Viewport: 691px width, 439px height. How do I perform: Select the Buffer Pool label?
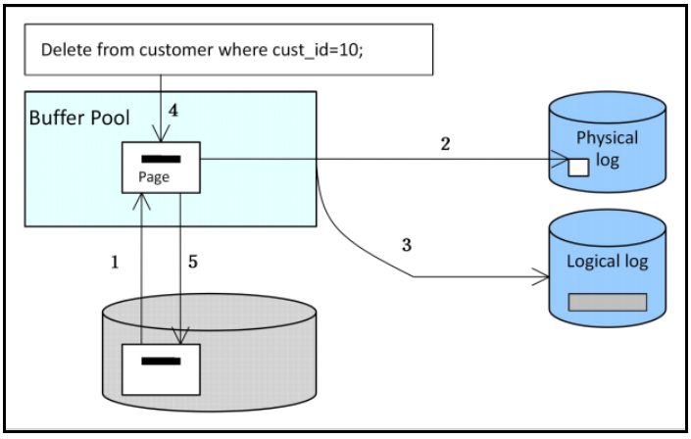coord(78,118)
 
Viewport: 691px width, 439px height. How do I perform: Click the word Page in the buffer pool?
coord(154,177)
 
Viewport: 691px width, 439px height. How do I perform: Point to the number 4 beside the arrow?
coord(173,111)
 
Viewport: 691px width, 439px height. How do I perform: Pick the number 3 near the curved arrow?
coord(405,243)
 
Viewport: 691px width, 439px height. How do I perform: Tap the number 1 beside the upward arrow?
coord(115,264)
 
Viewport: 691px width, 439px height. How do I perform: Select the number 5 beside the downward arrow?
coord(193,264)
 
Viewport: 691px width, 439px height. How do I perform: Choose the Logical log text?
coord(608,262)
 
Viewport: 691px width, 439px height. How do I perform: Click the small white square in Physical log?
coord(579,167)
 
